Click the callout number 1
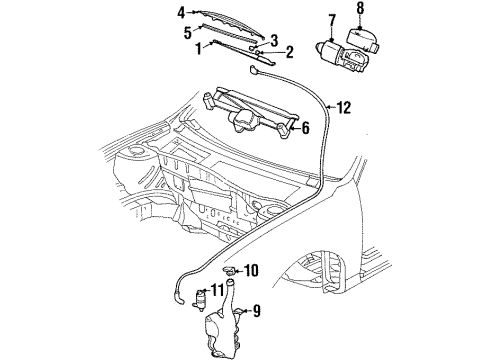[198, 46]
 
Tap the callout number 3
[272, 39]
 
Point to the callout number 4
[181, 12]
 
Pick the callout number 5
[186, 31]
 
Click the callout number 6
[305, 127]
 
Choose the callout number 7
[331, 19]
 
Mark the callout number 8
[360, 8]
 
